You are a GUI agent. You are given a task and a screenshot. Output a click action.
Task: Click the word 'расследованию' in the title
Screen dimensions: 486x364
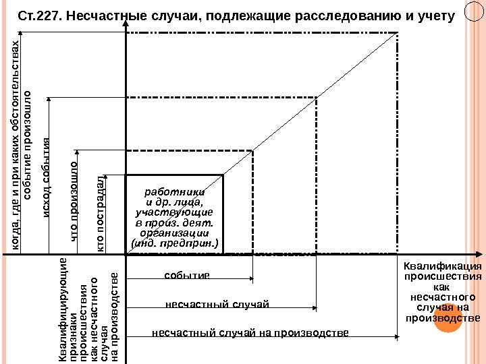pyautogui.click(x=347, y=14)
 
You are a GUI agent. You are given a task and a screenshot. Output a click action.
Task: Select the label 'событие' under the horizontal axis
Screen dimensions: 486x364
pyautogui.click(x=187, y=276)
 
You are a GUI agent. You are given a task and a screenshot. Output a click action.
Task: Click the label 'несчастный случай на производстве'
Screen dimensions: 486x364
pyautogui.click(x=250, y=332)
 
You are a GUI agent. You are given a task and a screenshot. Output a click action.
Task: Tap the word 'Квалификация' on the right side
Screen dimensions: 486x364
pyautogui.click(x=442, y=266)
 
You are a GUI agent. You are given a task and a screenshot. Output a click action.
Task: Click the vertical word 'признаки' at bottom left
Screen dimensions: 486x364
pyautogui.click(x=74, y=324)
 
